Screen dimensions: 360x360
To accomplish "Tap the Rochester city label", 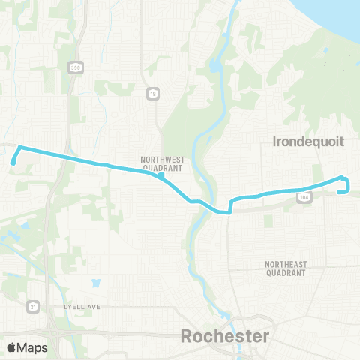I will click(223, 336).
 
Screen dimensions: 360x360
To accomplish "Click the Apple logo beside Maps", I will click(11, 347).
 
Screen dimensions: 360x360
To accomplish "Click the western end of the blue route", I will click(12, 161).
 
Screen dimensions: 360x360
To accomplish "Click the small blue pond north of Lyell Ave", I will click(95, 284).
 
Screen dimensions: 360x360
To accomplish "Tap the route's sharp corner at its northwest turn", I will click(19, 147).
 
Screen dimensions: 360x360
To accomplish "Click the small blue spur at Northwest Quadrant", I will click(161, 177).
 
